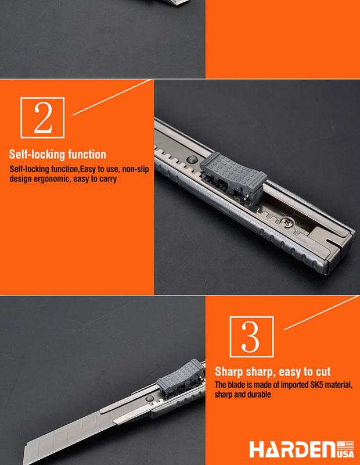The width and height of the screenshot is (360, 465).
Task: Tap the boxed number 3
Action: (250, 335)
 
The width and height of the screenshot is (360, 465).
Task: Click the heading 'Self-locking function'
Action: (57, 155)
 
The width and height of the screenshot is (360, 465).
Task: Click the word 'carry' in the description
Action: (105, 179)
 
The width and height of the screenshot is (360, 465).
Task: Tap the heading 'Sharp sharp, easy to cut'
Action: (273, 371)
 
